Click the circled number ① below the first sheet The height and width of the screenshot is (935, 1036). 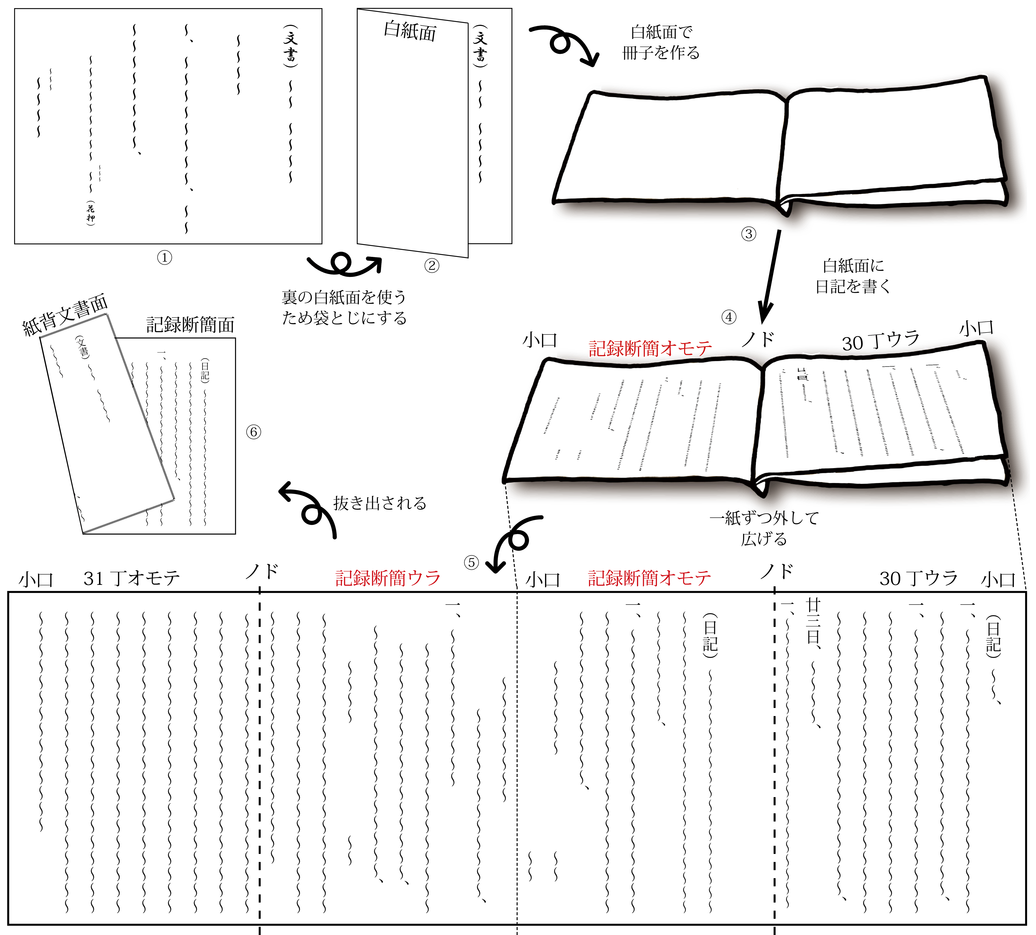[x=164, y=257]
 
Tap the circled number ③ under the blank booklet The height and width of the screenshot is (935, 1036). [x=748, y=234]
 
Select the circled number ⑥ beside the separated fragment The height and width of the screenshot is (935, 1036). [x=253, y=432]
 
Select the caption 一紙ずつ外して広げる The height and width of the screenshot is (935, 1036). [x=764, y=528]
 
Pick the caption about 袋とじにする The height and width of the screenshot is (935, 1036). [x=344, y=307]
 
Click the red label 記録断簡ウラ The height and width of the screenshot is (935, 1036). [x=388, y=578]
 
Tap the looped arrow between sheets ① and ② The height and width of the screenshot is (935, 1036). [x=343, y=264]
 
